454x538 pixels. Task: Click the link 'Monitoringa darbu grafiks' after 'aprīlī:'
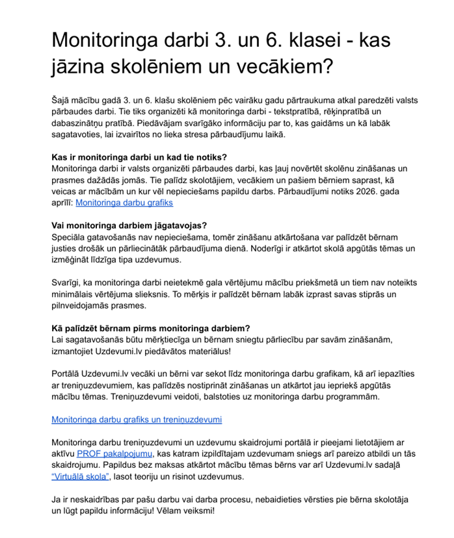(124, 203)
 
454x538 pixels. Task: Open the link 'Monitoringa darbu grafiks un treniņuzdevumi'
(137, 420)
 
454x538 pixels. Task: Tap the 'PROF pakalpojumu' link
(114, 454)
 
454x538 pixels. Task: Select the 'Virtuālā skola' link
(79, 477)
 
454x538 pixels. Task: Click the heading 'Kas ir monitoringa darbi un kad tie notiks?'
(139, 157)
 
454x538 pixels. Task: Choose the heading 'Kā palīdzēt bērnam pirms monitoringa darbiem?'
(151, 327)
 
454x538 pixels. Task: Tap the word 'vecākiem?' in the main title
(284, 66)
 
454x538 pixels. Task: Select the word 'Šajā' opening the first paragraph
(60, 100)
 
